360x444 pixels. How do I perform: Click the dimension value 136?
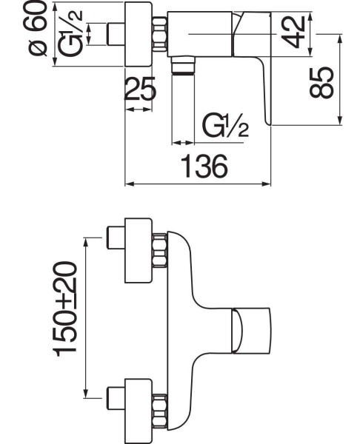[204, 166]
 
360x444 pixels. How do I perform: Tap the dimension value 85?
[321, 82]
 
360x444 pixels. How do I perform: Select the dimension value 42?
[294, 31]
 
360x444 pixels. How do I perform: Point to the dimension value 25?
[140, 89]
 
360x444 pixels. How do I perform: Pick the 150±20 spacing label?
[64, 309]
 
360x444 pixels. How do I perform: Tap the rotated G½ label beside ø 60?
[70, 33]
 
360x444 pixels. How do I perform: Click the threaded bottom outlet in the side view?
[183, 65]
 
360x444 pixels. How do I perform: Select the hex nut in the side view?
[159, 34]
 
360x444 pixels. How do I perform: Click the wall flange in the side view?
[139, 34]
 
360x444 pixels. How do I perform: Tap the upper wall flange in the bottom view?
[139, 250]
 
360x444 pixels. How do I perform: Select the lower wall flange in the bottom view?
[139, 411]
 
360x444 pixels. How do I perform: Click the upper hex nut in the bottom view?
[159, 250]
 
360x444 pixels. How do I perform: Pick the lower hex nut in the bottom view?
[159, 411]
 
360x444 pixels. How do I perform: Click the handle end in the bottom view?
[251, 330]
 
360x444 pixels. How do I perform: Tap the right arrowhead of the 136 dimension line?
[267, 184]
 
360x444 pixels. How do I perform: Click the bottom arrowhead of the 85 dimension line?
[340, 120]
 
